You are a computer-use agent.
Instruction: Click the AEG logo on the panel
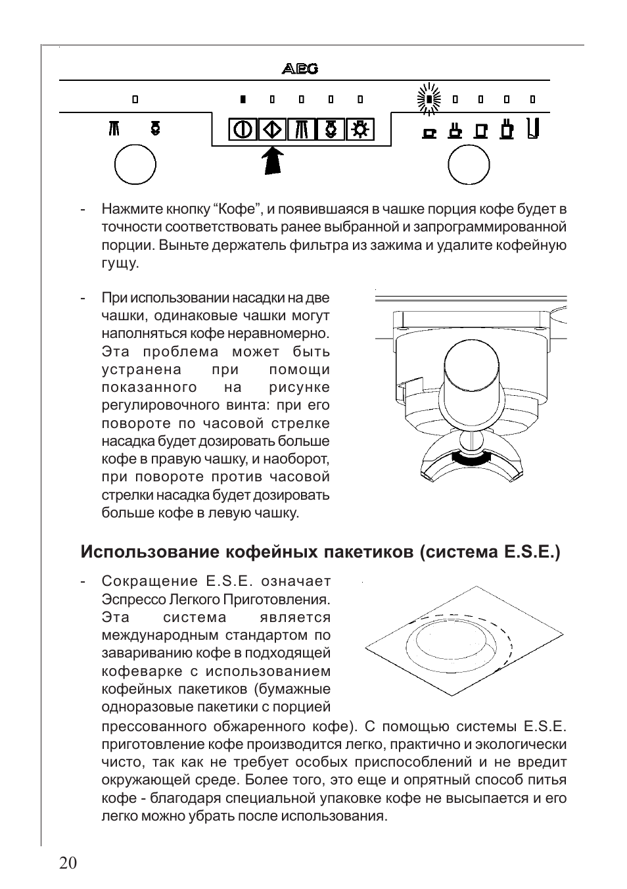300,68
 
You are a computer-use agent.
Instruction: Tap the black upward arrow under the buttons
273,161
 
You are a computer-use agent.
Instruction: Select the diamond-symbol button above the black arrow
272,129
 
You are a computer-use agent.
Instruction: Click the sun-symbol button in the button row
360,129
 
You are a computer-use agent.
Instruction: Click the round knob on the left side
135,164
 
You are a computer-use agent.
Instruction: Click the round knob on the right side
469,164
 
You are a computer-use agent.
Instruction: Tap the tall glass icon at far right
533,128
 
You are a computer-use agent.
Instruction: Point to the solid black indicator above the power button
243,100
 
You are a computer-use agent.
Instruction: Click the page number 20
68,863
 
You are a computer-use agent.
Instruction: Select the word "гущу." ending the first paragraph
120,263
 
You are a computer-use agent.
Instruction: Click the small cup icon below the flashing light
429,132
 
